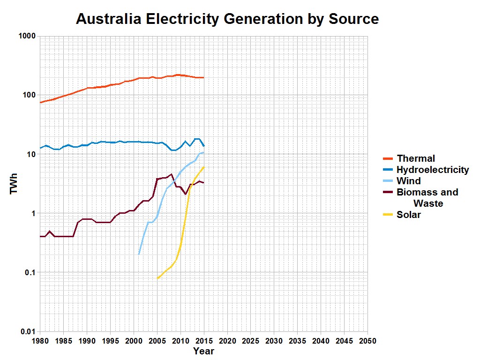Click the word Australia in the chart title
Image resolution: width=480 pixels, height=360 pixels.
coord(109,19)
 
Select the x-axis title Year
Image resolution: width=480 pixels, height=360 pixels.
coord(203,351)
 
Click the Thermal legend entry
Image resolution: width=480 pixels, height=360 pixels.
coord(415,158)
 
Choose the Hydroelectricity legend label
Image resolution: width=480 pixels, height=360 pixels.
coord(432,170)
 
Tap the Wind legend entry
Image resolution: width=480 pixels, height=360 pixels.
coord(408,181)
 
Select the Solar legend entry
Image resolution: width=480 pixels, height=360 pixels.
coord(408,215)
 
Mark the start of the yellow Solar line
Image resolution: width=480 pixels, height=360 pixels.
coord(157,278)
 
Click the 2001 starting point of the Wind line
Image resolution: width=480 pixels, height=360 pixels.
coord(139,254)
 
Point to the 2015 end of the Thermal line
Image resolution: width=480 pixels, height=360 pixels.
coord(203,77)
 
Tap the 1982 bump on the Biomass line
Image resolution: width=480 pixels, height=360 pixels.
coord(50,231)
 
